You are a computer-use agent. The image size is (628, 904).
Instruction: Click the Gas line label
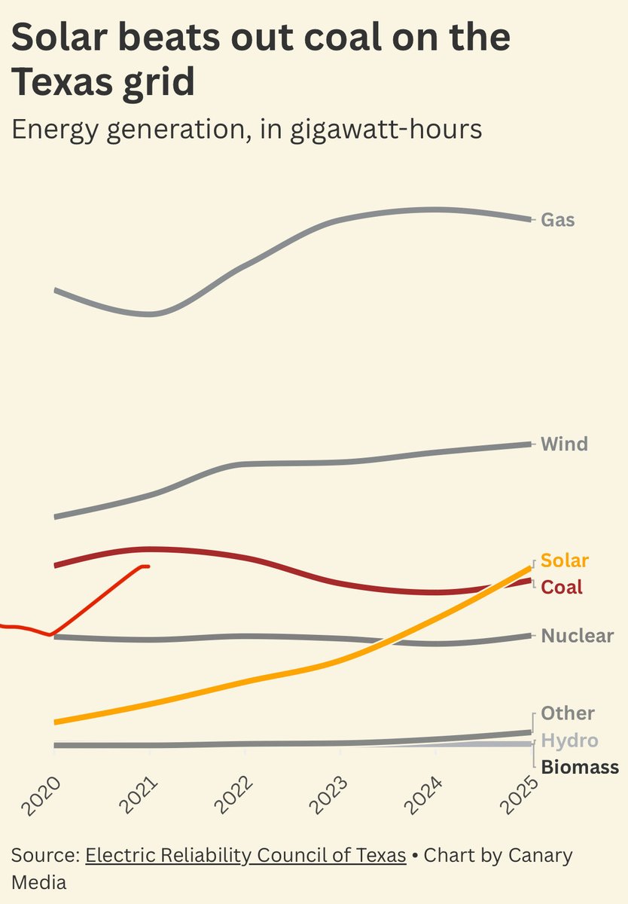[558, 221]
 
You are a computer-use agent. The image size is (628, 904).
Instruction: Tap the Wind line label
[564, 444]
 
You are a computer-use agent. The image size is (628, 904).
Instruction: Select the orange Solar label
[565, 560]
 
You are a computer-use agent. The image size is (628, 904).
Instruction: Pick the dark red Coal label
[562, 587]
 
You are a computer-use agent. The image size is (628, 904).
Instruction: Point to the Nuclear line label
[578, 636]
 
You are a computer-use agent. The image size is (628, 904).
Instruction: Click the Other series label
[568, 713]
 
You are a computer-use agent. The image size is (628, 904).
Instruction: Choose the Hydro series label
[569, 741]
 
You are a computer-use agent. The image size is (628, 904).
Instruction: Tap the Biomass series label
[580, 768]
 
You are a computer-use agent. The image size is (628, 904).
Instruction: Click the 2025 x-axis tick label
[523, 796]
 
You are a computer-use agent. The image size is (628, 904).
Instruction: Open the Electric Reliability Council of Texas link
[245, 857]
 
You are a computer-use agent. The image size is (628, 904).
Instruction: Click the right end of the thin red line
[148, 566]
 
